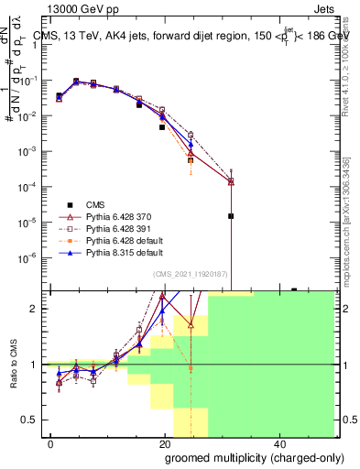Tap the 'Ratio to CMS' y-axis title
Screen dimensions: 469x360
11,365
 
